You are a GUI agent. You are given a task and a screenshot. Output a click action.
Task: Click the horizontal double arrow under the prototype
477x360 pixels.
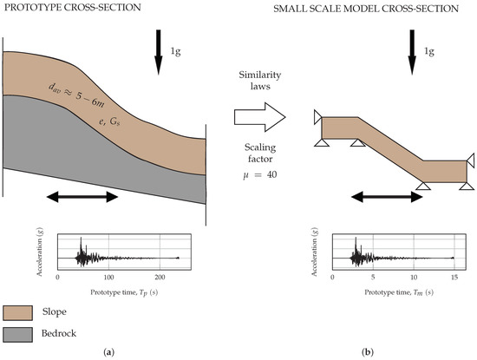pos(83,198)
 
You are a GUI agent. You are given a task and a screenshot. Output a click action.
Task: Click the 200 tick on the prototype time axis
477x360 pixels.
pos(160,276)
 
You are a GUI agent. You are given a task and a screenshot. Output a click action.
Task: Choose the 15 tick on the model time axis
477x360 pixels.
pos(453,276)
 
